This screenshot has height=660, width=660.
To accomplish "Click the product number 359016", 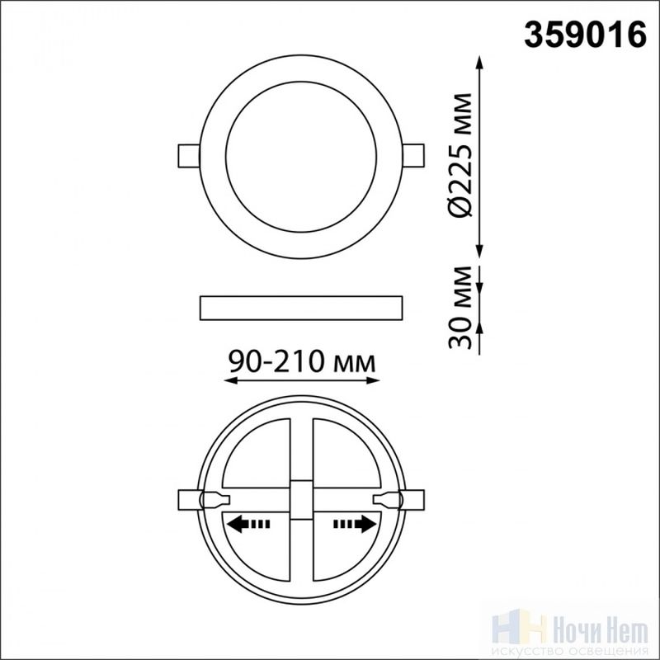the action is [585, 35].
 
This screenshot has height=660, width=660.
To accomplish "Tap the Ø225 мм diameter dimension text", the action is [460, 155].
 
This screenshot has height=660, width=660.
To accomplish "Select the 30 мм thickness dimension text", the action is [460, 308].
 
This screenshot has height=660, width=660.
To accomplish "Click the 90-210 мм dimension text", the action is [302, 361].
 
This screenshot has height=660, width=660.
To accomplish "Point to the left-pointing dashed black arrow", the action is [248, 524].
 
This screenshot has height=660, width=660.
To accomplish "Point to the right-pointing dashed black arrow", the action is [355, 524].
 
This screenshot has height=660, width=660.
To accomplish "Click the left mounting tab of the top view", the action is [189, 156].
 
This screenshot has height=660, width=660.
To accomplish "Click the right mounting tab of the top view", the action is [413, 156].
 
